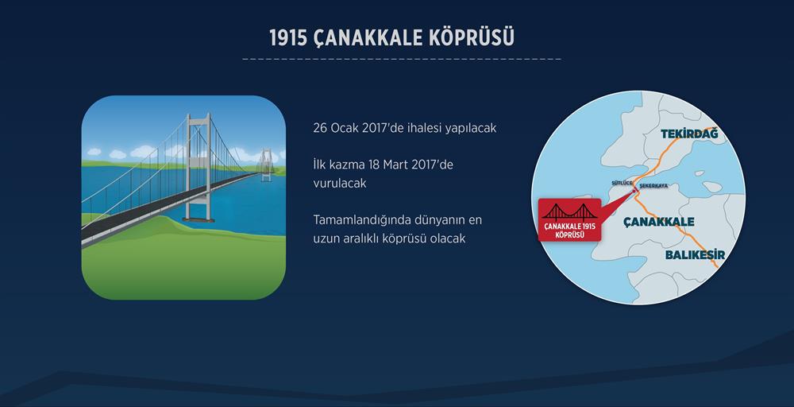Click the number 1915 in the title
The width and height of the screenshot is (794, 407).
coord(288,38)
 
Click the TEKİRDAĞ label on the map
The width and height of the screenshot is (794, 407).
coord(689,134)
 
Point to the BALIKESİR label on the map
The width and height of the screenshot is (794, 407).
coord(695,255)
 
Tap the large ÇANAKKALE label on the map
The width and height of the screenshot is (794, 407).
coord(659,222)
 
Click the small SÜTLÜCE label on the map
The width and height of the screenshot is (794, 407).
coord(622,183)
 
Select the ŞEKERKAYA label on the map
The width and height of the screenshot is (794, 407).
coord(653,186)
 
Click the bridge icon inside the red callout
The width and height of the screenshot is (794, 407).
coord(569,211)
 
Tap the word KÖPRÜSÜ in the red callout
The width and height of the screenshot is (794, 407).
coord(569,235)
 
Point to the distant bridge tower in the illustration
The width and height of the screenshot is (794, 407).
coord(266,165)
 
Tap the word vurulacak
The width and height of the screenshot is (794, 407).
coord(339,184)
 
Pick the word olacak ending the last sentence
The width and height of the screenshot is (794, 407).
coord(448,238)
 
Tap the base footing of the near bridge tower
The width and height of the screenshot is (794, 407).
coord(198,219)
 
